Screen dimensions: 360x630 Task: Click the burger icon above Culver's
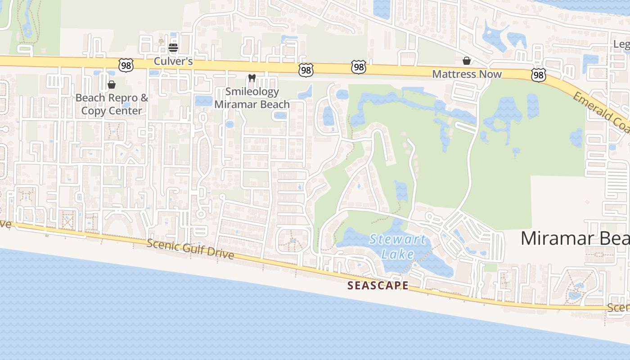(x=173, y=47)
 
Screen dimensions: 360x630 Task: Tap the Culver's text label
(x=173, y=61)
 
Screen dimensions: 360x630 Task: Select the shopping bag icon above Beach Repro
(x=112, y=85)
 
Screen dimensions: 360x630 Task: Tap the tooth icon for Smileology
(x=252, y=78)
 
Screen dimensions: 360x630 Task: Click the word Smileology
(x=252, y=91)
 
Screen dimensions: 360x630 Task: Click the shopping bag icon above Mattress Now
(x=467, y=61)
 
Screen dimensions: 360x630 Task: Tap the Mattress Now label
(x=467, y=74)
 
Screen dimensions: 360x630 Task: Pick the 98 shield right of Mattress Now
(x=538, y=75)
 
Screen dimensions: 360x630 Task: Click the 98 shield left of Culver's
(x=126, y=65)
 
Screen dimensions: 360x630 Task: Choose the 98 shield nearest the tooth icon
(x=306, y=70)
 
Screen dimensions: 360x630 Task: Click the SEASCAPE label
(x=378, y=285)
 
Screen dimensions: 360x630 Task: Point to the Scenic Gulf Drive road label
(x=190, y=249)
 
